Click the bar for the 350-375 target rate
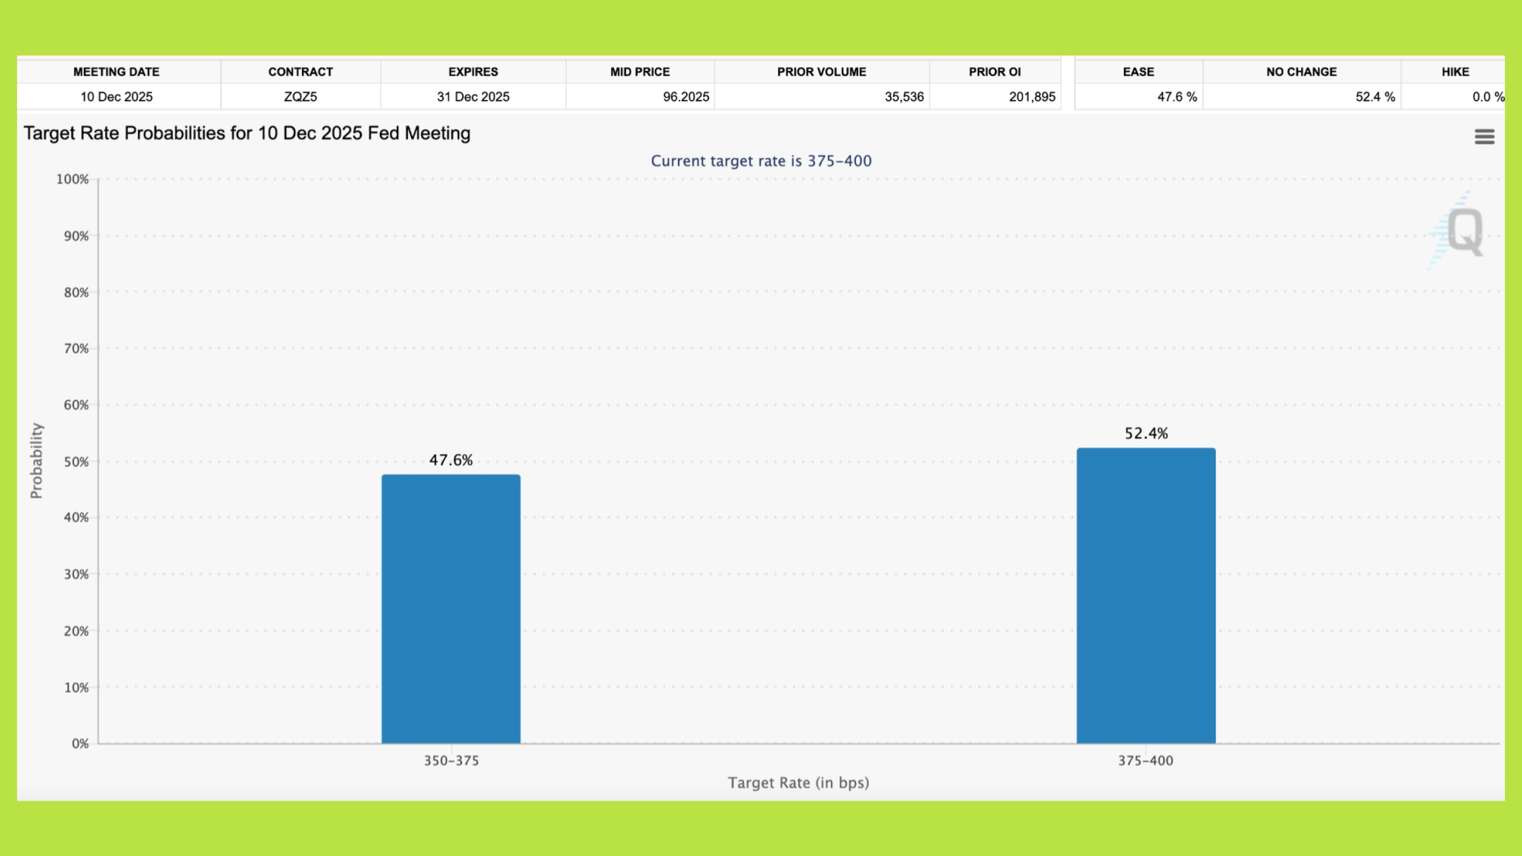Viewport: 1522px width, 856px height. pos(451,609)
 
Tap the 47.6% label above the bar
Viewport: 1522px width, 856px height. pos(451,460)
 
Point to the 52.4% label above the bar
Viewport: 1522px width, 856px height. pos(1146,433)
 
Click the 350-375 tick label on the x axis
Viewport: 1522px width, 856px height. pos(451,760)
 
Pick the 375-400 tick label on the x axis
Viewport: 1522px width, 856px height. pos(1145,760)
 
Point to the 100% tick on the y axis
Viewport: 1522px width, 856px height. pos(72,179)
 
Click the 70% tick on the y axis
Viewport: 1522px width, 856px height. pos(76,348)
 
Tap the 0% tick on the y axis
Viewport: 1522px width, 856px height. pos(80,743)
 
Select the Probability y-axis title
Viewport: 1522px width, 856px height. pos(37,461)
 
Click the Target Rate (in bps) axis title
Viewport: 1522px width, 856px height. pos(798,783)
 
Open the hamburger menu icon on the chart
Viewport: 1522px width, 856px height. pos(1484,136)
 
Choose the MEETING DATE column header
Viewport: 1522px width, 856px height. pos(116,72)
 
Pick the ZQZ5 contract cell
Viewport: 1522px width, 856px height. pos(300,97)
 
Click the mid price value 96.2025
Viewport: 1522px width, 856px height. pos(686,97)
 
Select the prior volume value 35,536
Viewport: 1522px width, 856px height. pos(904,97)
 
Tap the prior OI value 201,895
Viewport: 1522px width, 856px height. pos(1032,97)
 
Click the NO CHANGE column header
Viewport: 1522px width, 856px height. pos(1302,72)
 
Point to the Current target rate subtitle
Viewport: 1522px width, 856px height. pos(761,161)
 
